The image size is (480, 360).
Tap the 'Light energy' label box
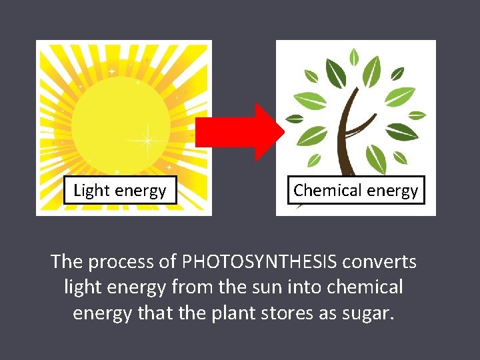pos(120,191)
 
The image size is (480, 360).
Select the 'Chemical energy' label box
pos(356,190)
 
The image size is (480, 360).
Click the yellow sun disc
pos(120,120)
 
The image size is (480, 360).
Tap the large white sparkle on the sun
pos(147,141)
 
